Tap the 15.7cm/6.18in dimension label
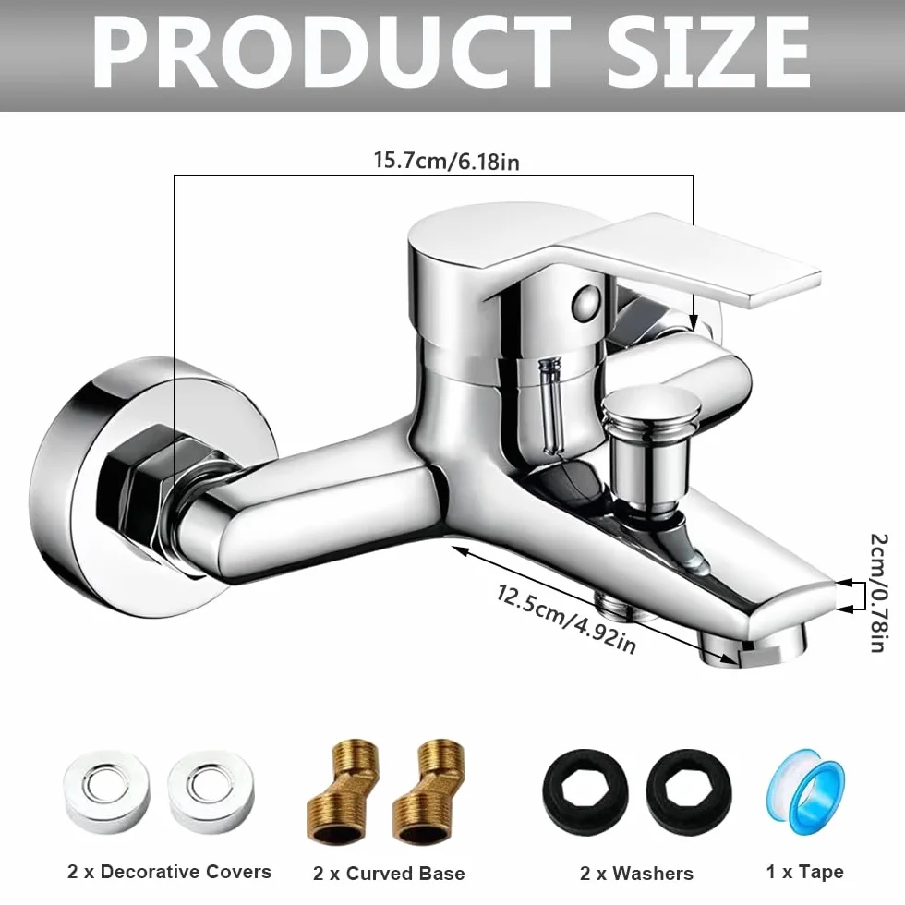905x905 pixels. [x=447, y=161]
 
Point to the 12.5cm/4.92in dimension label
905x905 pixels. [x=566, y=619]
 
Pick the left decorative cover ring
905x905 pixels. [x=107, y=791]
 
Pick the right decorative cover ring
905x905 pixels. [x=211, y=791]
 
